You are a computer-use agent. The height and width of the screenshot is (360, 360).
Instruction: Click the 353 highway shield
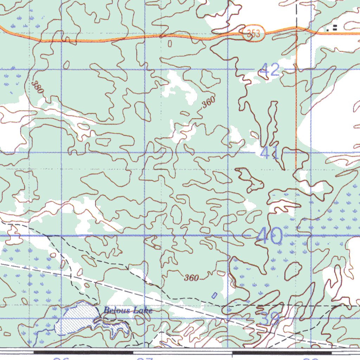(x=253, y=34)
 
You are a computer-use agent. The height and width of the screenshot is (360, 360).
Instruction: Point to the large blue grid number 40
(x=269, y=236)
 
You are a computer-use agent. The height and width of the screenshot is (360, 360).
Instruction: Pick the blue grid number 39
(x=270, y=319)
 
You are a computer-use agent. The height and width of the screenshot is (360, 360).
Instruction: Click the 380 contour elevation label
(x=37, y=87)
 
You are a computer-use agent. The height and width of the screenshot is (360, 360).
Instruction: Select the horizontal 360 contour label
(x=192, y=278)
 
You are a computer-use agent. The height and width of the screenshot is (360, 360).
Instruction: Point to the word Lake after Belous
(x=144, y=310)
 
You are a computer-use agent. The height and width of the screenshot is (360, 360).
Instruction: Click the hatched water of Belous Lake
(x=76, y=318)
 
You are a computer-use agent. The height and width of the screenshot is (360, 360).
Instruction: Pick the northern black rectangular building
(x=334, y=26)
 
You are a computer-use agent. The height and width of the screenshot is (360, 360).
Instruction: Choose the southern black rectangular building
(x=334, y=30)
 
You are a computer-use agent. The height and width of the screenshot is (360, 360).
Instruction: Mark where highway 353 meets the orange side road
(x=297, y=27)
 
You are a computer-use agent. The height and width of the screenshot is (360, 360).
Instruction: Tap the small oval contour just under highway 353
(x=170, y=44)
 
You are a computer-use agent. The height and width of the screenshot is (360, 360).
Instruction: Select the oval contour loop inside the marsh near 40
(x=293, y=270)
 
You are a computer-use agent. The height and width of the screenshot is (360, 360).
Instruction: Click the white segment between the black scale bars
(x=182, y=352)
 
